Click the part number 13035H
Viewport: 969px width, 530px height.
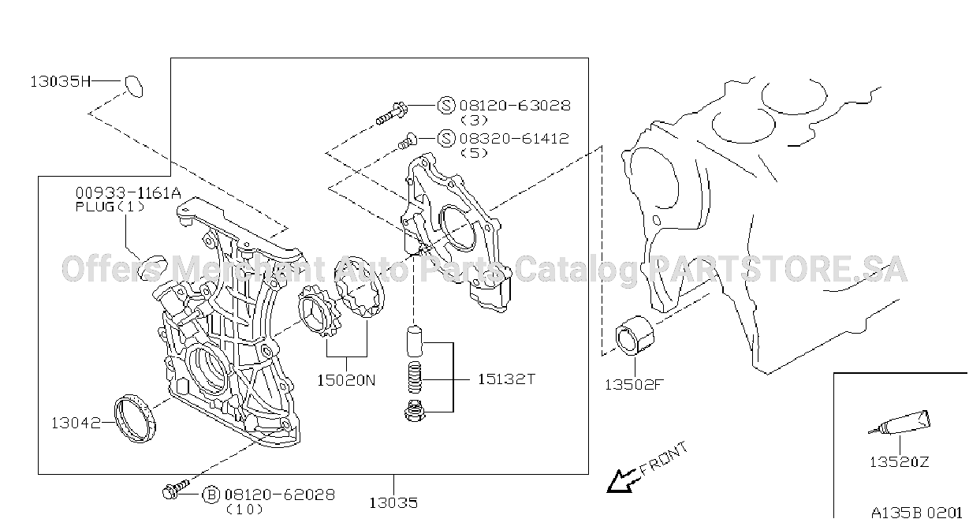tap(60, 81)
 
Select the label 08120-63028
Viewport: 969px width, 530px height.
tap(515, 106)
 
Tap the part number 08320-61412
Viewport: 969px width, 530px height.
tap(514, 139)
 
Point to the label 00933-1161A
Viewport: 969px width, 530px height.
tap(129, 193)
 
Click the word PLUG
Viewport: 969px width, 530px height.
tap(95, 207)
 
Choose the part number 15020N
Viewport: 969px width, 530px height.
tap(346, 381)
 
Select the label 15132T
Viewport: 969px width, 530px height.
tap(506, 379)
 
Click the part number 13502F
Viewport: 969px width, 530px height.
tap(634, 385)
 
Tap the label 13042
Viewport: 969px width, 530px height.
tap(76, 424)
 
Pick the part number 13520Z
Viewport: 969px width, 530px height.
tap(900, 462)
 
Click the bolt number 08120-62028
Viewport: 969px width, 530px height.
tap(280, 495)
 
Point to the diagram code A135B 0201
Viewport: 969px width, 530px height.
tap(916, 513)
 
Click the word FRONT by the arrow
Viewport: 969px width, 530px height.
tap(663, 459)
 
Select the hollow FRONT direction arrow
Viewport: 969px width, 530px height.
tap(622, 480)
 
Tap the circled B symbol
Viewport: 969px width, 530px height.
tap(211, 495)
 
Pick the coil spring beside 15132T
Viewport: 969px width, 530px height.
tap(415, 377)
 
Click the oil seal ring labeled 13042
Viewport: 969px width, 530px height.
tap(135, 418)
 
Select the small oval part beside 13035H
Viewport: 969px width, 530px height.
tap(134, 87)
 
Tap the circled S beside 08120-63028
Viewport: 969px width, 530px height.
tap(446, 105)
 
